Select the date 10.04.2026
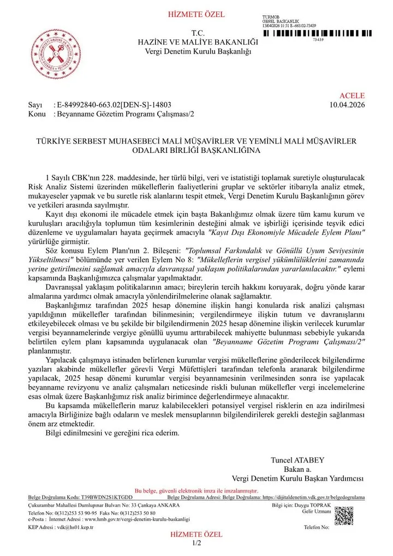pyautogui.click(x=348, y=105)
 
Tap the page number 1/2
pyautogui.click(x=196, y=543)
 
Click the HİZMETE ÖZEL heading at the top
pyautogui.click(x=196, y=14)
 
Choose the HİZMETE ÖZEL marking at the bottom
pyautogui.click(x=196, y=535)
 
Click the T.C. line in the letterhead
pyautogui.click(x=197, y=33)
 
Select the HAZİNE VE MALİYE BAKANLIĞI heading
pyautogui.click(x=197, y=42)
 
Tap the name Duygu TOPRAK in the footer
pyautogui.click(x=317, y=506)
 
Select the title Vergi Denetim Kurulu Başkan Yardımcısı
pyautogui.click(x=297, y=478)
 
